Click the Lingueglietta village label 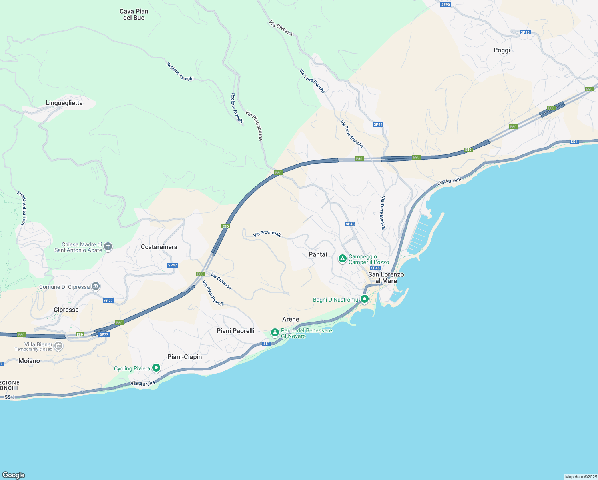64,103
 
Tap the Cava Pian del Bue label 134,14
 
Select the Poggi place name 502,50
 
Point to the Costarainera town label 159,247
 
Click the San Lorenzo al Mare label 386,278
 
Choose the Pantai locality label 317,254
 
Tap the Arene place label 290,319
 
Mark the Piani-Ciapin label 184,357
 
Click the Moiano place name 29,361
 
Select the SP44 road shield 378,124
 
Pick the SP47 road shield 172,265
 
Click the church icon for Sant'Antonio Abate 108,247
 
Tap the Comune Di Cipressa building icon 96,286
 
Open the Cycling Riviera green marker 156,368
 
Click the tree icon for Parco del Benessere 275,332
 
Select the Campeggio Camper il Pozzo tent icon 342,259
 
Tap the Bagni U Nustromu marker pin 364,299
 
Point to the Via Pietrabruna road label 254,125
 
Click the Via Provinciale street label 267,234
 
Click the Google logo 14,475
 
